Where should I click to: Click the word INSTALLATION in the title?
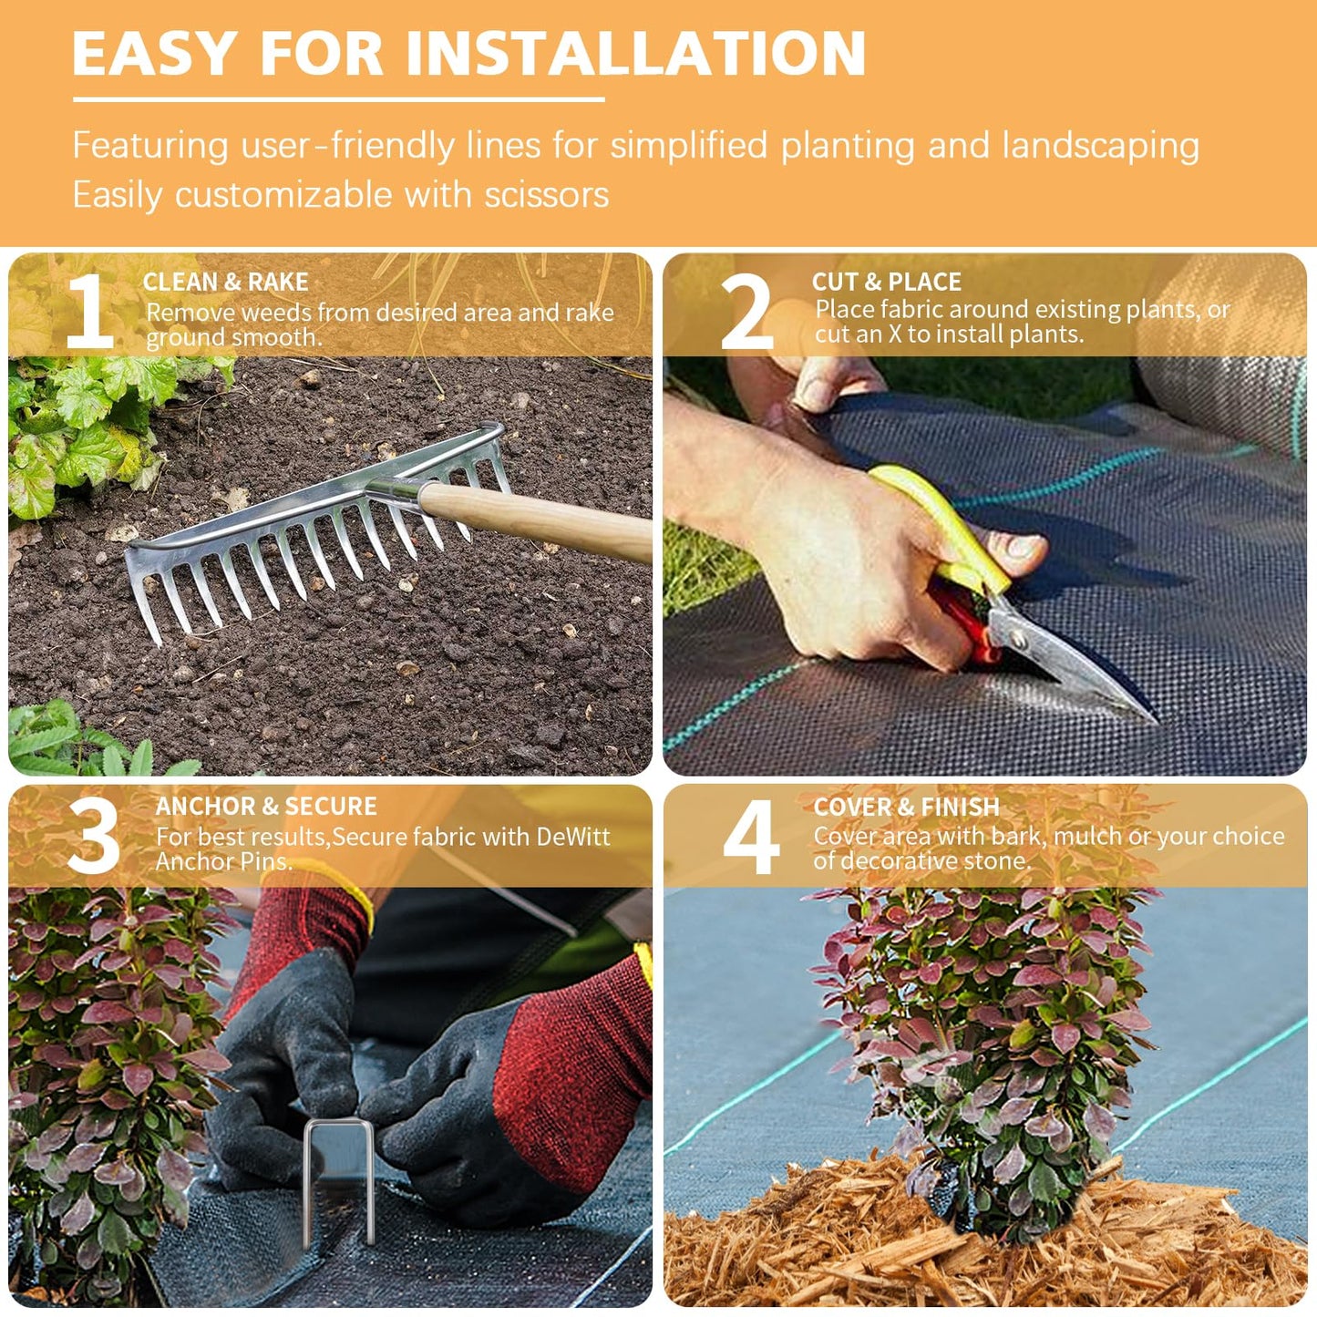click(x=635, y=54)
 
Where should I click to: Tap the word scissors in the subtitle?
click(x=547, y=195)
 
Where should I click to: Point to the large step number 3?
click(x=93, y=836)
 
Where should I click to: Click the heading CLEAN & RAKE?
click(x=225, y=283)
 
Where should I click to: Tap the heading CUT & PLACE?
click(x=886, y=283)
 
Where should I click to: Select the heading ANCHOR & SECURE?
click(x=265, y=807)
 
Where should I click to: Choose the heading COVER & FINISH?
click(x=906, y=808)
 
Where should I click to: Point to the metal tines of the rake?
click(x=273, y=574)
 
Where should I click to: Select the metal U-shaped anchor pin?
click(x=338, y=1176)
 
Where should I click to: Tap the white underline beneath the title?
click(x=338, y=98)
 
